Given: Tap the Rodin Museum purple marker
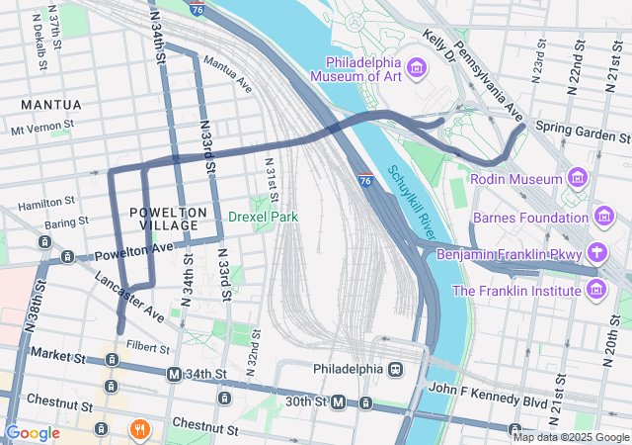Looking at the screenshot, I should click(578, 178).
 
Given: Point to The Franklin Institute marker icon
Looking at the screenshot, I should click(595, 290).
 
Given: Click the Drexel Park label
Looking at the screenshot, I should click(263, 216).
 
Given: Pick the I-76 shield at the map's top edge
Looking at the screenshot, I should click(198, 9).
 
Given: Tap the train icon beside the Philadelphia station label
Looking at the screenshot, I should click(395, 369).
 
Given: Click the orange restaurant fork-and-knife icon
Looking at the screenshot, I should click(139, 429).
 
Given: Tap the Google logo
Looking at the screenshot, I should click(33, 432).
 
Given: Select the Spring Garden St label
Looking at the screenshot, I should click(578, 129).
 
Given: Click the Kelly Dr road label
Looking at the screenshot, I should click(438, 46).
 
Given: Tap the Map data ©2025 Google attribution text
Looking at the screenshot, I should click(571, 436).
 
